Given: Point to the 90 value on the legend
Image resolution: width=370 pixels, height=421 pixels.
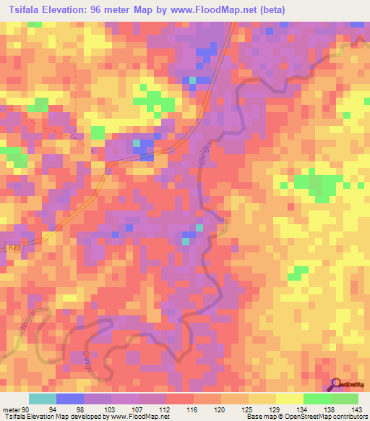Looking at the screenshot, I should [x=27, y=409].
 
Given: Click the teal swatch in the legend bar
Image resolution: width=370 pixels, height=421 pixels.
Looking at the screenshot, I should [x=43, y=399].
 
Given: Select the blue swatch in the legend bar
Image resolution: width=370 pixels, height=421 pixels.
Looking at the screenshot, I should [x=70, y=399].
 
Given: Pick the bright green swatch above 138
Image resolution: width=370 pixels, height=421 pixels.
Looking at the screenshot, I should [x=317, y=399].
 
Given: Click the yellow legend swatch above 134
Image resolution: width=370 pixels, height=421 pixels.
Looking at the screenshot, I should [x=289, y=399].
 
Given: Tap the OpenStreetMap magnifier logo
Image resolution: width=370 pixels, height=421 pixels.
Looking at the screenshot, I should [x=336, y=384].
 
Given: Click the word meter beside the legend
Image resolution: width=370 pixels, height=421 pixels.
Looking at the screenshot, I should [x=9, y=409].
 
